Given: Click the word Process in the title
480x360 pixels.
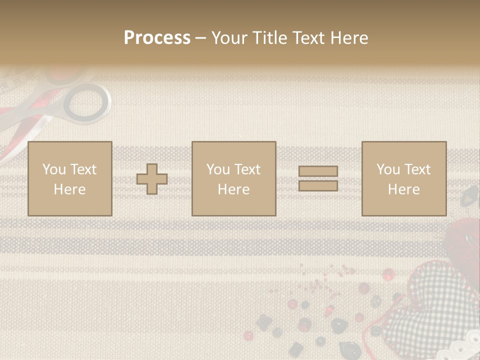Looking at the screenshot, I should [x=157, y=38].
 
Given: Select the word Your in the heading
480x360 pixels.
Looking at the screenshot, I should [x=229, y=38].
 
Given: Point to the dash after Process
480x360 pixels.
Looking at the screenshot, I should [x=201, y=38].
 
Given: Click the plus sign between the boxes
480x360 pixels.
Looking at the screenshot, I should [x=152, y=179].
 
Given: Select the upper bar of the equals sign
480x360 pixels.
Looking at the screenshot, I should [x=318, y=171].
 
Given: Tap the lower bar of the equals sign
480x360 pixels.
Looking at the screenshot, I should [x=318, y=186].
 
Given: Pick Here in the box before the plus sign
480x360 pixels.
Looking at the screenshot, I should [x=69, y=189].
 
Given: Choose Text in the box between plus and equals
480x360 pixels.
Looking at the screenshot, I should [x=247, y=169].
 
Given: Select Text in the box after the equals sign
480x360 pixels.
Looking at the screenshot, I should [x=417, y=169].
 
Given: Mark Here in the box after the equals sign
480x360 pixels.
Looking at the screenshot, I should [x=403, y=189].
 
